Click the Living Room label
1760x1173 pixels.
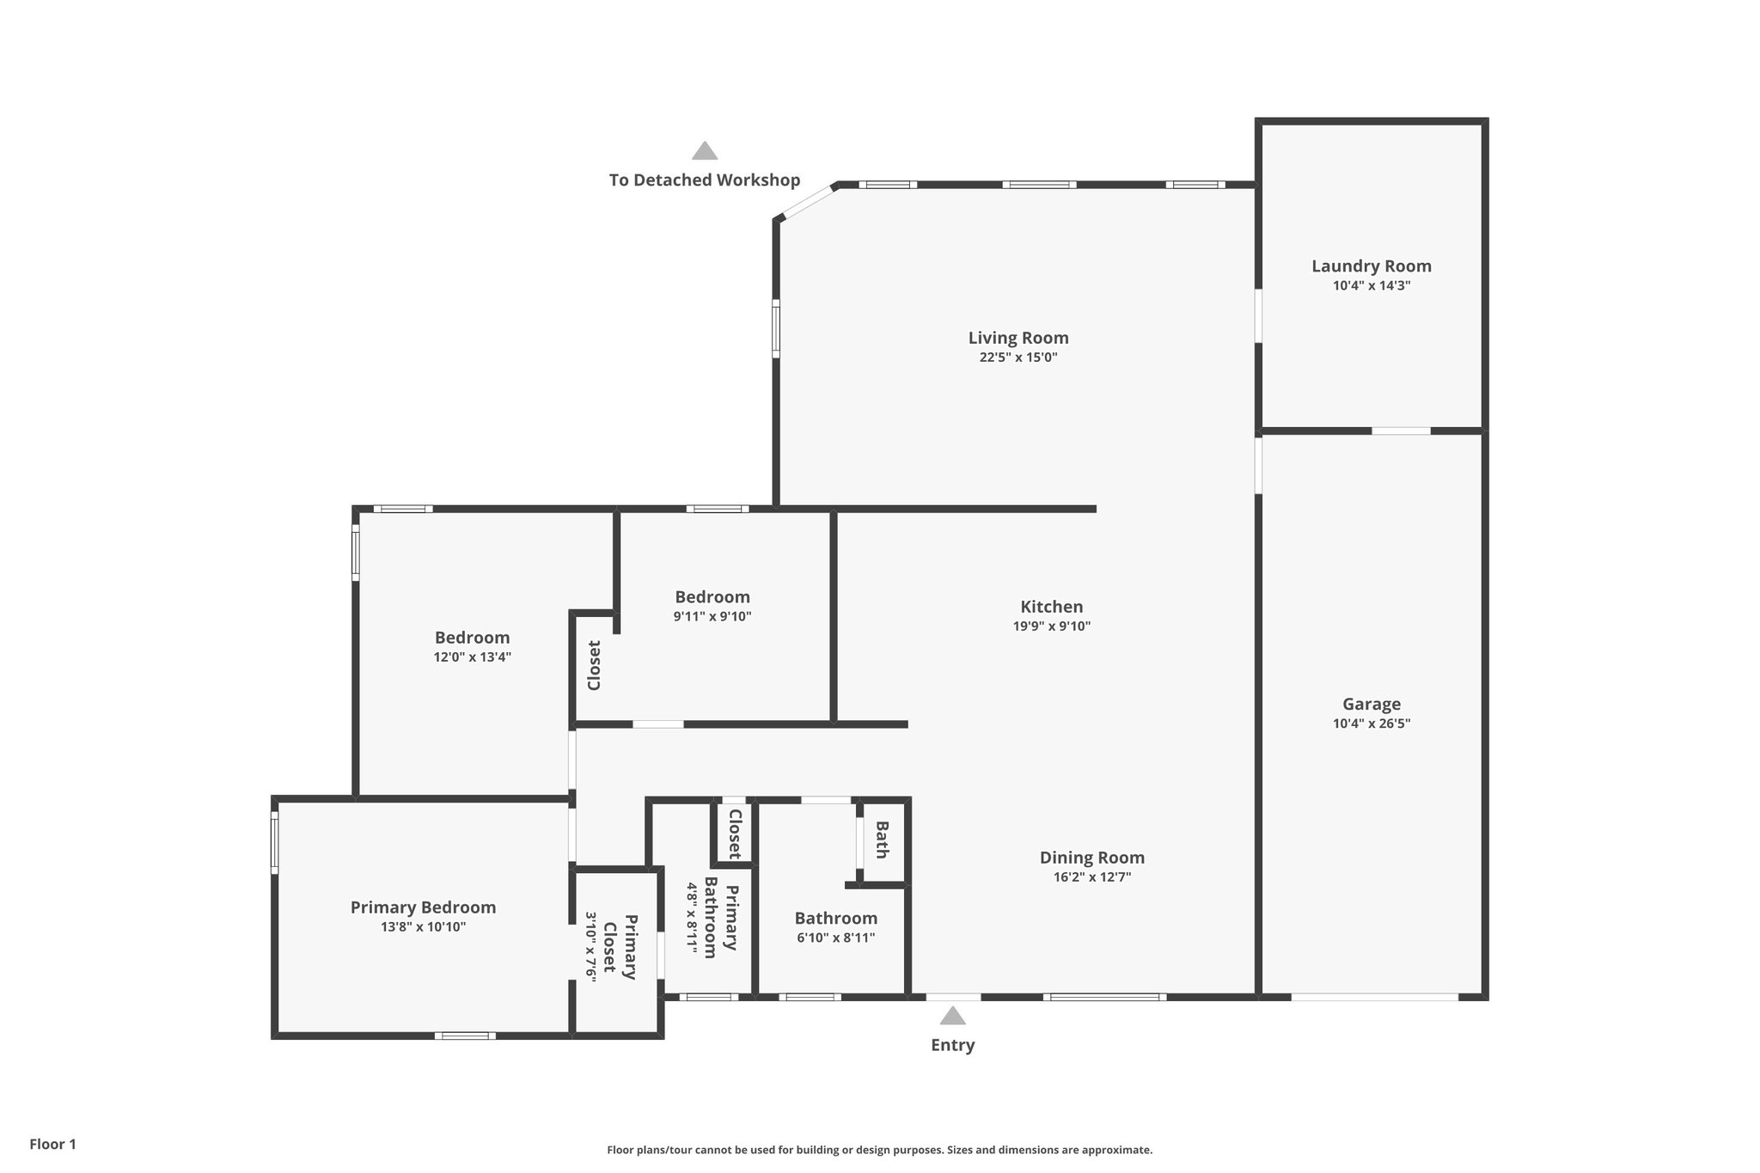point(1018,338)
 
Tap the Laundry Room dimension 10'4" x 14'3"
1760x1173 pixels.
point(1372,286)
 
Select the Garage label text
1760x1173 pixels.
point(1372,704)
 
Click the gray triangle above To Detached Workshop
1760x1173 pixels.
point(705,152)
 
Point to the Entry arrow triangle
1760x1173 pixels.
point(952,1017)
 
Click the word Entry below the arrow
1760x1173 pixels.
point(952,1046)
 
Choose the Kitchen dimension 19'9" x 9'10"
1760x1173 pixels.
point(1052,626)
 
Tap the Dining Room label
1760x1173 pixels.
point(1091,858)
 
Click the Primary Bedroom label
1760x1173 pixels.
point(423,907)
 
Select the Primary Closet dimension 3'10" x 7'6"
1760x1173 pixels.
point(591,948)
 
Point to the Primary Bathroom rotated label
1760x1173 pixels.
point(721,917)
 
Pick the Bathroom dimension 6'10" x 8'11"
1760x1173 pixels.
point(835,938)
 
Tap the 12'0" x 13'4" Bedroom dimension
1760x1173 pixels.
point(472,657)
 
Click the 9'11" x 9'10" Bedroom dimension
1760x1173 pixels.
point(712,616)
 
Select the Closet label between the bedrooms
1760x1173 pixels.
point(594,665)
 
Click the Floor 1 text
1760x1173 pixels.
point(53,1145)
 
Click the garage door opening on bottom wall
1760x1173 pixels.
point(1374,997)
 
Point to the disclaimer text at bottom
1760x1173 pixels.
point(879,1150)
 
